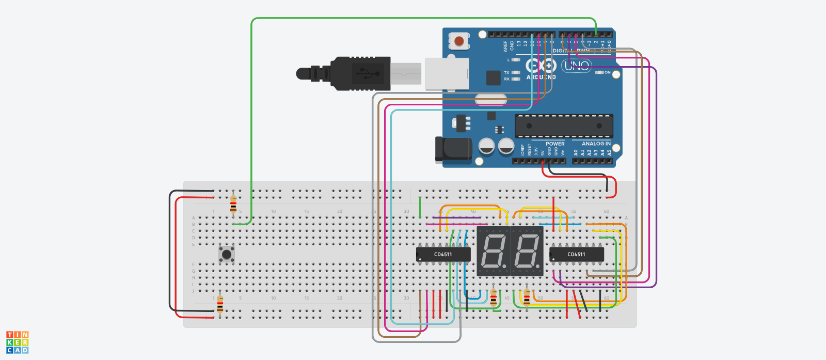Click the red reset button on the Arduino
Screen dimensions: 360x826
click(459, 40)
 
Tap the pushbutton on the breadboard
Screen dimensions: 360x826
click(226, 254)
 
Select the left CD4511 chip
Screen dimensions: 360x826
click(443, 254)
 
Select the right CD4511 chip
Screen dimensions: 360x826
click(576, 254)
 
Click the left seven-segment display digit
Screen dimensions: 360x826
click(493, 251)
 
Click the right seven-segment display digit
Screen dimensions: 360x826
click(527, 251)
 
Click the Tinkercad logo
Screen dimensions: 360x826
click(18, 342)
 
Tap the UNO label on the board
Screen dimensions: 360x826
click(576, 66)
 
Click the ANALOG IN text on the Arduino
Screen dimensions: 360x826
click(596, 144)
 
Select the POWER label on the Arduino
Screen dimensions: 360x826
click(555, 144)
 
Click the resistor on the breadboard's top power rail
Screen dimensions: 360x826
click(233, 204)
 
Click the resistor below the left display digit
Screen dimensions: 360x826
click(494, 298)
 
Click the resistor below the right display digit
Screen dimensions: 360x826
click(527, 297)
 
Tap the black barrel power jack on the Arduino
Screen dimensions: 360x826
click(453, 150)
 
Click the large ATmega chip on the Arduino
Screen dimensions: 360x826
click(564, 126)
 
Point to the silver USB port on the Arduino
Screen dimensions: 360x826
click(447, 74)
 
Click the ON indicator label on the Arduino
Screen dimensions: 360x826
click(607, 73)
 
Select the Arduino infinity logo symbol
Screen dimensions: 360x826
click(541, 66)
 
